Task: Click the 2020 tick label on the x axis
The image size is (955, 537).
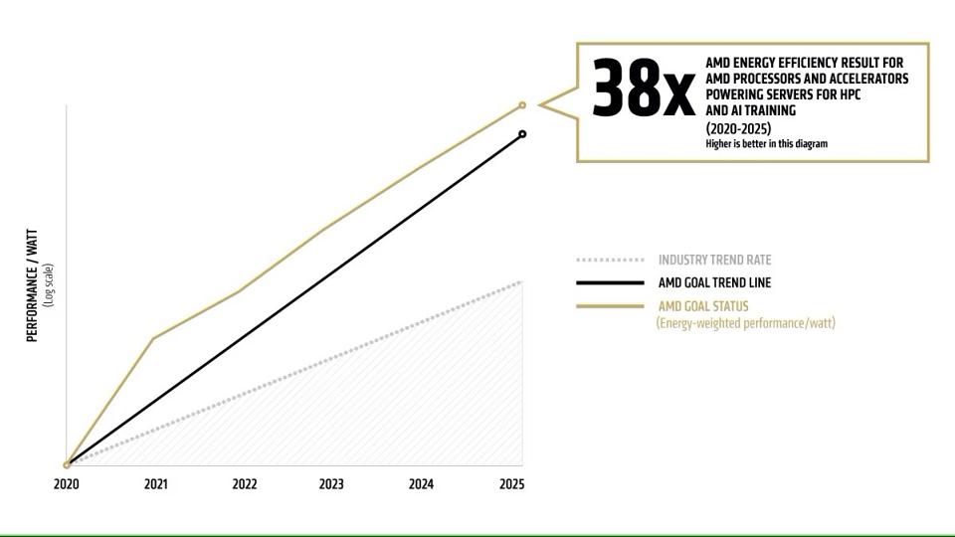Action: pos(67,484)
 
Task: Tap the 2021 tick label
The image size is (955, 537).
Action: pos(155,484)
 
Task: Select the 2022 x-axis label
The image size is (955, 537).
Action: pos(245,484)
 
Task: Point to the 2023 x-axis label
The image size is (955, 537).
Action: pos(332,484)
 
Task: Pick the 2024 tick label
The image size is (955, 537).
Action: pos(422,484)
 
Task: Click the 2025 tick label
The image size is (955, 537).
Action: pos(511,484)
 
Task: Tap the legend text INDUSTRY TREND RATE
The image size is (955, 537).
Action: pos(714,260)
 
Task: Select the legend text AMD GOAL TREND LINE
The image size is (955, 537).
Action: pos(714,282)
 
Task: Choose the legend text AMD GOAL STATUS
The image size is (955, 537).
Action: pos(702,306)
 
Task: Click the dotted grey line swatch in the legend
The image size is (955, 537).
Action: pos(610,261)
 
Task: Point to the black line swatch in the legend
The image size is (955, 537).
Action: pos(610,283)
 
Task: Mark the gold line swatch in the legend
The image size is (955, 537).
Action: pos(610,306)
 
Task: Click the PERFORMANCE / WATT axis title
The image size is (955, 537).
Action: pos(32,285)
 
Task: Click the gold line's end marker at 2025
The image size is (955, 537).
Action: pos(522,105)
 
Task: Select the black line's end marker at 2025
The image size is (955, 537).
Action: pos(522,134)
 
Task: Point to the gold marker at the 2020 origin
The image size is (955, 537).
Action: pos(67,464)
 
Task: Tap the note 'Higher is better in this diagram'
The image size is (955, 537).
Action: pos(766,143)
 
